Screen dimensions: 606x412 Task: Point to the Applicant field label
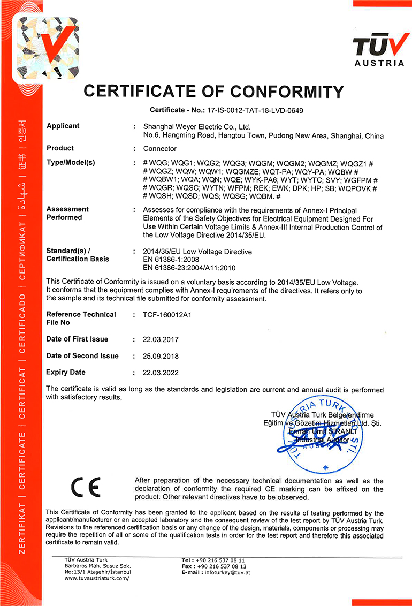(63, 126)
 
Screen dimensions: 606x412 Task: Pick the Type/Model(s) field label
(71, 163)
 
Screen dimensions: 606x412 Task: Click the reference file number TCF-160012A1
(167, 315)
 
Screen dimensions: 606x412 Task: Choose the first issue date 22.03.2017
(161, 339)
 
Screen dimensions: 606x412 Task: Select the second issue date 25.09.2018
(161, 356)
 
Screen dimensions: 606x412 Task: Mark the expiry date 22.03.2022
(161, 373)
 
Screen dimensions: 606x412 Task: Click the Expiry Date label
(66, 373)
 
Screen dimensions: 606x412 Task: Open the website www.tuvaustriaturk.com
(97, 578)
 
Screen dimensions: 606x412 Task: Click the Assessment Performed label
(67, 213)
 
